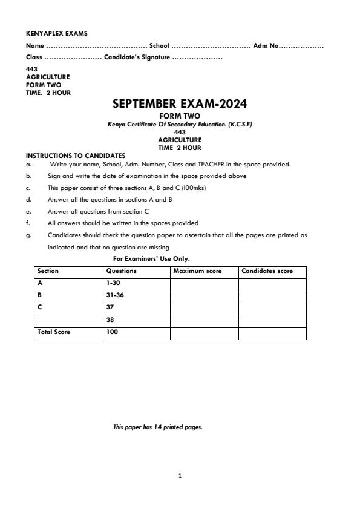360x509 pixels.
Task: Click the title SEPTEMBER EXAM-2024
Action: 180,104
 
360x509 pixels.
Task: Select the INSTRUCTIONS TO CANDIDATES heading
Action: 76,156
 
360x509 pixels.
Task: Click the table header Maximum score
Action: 197,271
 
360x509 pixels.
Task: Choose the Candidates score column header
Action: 267,271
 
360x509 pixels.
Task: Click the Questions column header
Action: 121,271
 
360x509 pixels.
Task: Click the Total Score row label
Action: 54,332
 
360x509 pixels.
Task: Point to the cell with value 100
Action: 112,332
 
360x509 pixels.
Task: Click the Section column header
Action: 48,271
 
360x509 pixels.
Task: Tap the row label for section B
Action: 40,295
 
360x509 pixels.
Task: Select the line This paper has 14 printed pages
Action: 158,427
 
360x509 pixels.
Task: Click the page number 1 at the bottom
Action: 180,476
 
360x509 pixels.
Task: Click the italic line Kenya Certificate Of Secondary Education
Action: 180,124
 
